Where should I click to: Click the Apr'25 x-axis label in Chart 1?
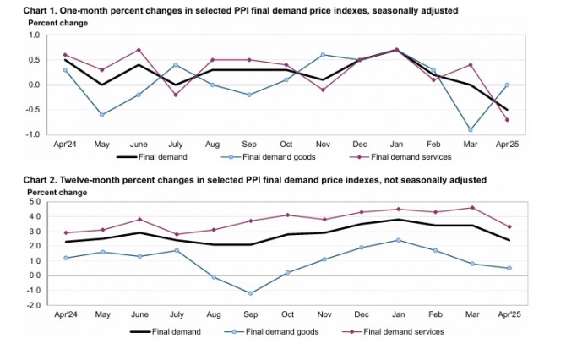pos(508,145)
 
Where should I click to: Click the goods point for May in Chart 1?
pos(101,114)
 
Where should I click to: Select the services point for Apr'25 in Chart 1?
pos(508,119)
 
